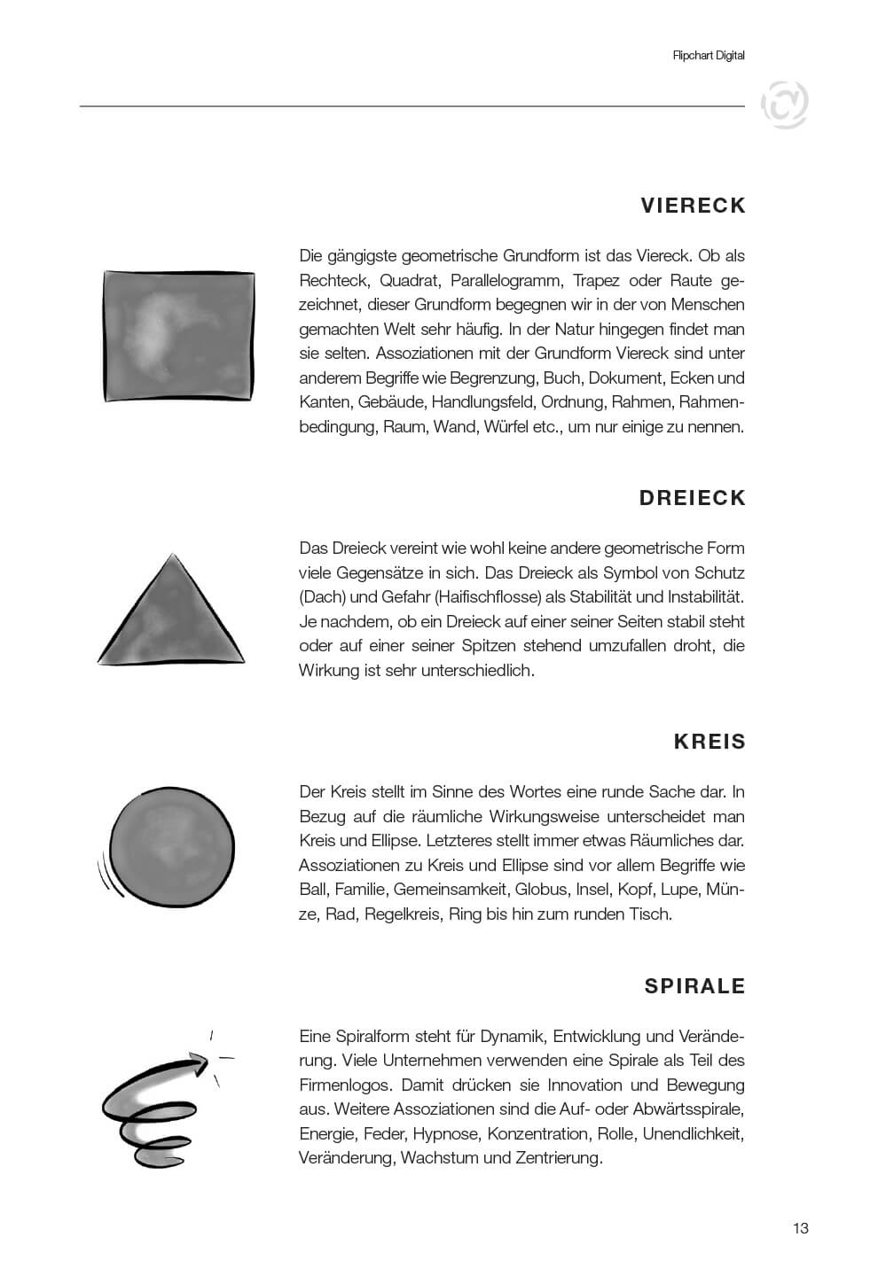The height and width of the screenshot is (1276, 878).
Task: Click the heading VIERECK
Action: pyautogui.click(x=693, y=206)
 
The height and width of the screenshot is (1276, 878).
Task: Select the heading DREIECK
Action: pyautogui.click(x=692, y=498)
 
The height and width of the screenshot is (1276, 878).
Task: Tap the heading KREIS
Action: pyautogui.click(x=709, y=742)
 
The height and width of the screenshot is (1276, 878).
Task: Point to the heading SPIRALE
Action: pyautogui.click(x=694, y=986)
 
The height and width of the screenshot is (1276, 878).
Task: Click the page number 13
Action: pyautogui.click(x=800, y=1228)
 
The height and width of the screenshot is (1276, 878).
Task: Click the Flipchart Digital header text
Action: pyautogui.click(x=709, y=55)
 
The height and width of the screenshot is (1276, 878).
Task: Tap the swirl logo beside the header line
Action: pyautogui.click(x=784, y=105)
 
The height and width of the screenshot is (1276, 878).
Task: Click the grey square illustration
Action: pyautogui.click(x=179, y=334)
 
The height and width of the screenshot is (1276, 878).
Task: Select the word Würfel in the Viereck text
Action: pyautogui.click(x=505, y=427)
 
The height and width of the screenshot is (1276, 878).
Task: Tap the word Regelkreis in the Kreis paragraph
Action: pyautogui.click(x=402, y=914)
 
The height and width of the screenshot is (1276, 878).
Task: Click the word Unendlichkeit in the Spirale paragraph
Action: pyautogui.click(x=693, y=1133)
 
